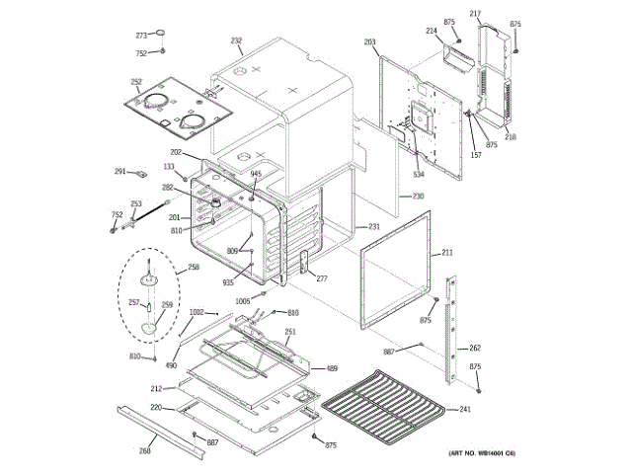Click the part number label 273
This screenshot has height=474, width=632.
pos(141,36)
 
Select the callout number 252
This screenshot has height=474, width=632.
pos(136,82)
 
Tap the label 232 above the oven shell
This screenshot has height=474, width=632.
pos(236,40)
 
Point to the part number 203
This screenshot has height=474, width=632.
pos(369,42)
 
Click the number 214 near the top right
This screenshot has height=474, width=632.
pos(432,32)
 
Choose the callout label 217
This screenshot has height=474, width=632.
pos(475,13)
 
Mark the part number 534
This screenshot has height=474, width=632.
pos(419,175)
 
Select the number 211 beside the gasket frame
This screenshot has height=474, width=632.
pos(447,254)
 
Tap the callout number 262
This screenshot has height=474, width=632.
pos(475,348)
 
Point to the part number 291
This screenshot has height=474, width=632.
pos(119,171)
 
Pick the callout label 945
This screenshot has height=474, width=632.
pos(256,174)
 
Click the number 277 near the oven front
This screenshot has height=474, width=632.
pos(321,279)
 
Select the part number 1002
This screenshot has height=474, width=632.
pos(197,312)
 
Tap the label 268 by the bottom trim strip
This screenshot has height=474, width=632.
pos(144,451)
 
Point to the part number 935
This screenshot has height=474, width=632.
pos(228,281)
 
